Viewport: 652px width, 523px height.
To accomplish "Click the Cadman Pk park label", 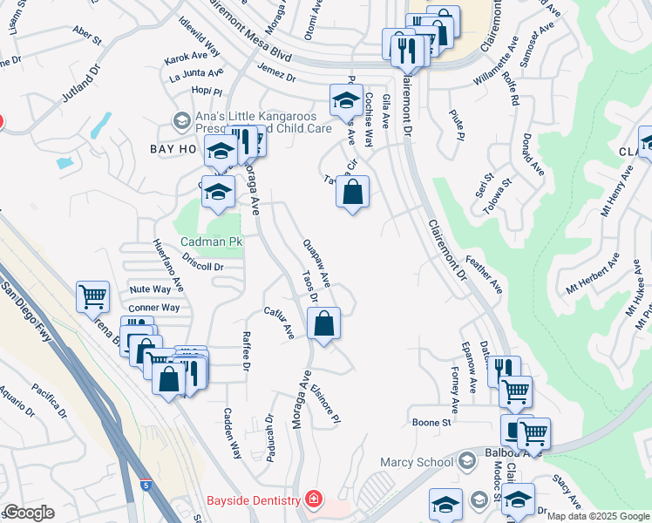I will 210,241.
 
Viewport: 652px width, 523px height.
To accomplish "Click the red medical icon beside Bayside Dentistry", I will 312,500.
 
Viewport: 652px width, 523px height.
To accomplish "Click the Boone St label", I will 431,423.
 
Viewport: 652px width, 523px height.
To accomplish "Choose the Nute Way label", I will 150,289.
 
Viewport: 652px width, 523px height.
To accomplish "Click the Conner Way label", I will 153,308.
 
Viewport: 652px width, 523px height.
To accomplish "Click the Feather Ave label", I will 485,274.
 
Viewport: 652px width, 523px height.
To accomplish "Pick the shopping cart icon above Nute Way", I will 92,296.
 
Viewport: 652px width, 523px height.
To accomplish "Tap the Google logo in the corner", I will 28,513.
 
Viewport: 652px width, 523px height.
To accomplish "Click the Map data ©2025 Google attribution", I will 598,516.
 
